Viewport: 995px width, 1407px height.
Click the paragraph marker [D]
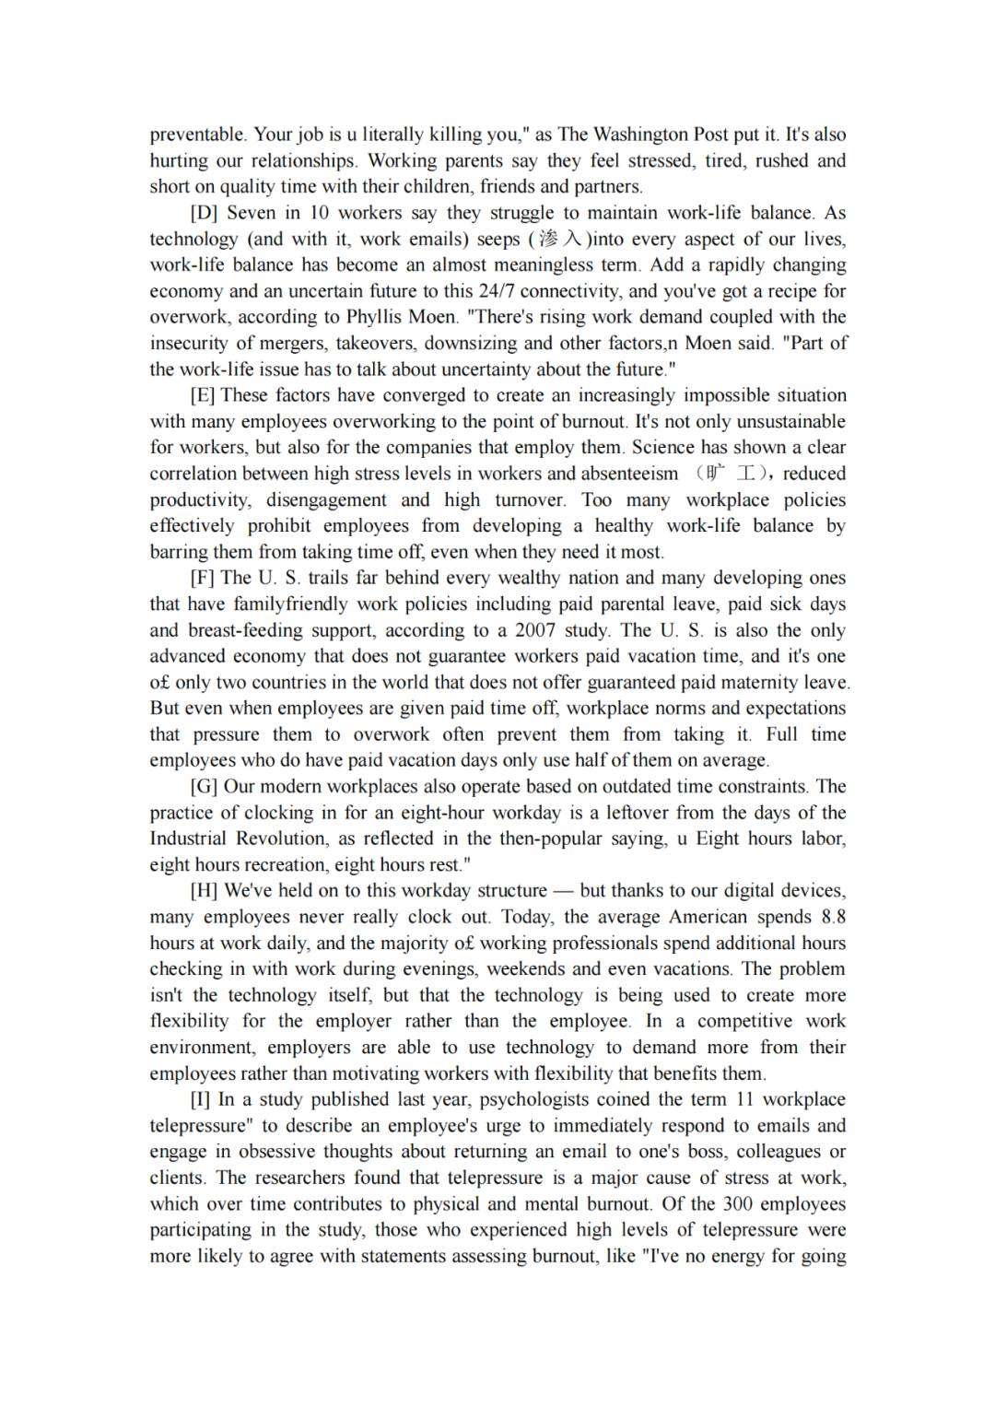203,213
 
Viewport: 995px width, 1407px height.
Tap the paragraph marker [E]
202,395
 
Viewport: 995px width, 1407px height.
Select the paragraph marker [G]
204,787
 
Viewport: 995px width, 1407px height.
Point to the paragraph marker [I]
200,1099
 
